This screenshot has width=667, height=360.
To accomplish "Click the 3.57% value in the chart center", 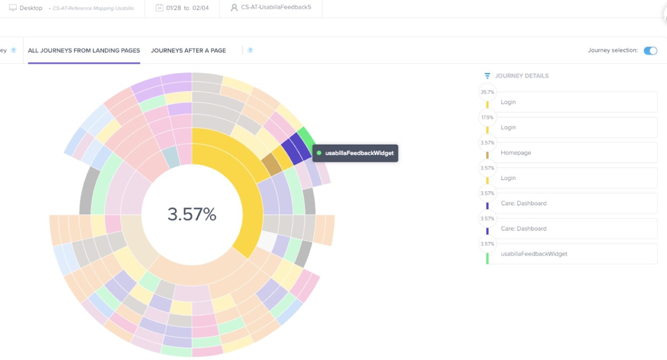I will pos(192,214).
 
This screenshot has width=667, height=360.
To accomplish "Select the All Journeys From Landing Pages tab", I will pos(84,50).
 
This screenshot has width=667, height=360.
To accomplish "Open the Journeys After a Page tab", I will pos(188,50).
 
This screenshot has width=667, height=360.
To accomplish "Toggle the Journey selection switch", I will pos(650,51).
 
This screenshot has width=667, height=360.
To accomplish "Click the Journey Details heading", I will pos(522,76).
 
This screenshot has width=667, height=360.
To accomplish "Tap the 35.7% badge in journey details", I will pos(487,92).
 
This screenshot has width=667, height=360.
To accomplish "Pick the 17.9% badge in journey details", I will pos(487,117).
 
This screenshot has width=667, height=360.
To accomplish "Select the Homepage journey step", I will pos(516,153).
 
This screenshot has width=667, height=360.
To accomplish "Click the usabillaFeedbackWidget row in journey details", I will pos(534,254).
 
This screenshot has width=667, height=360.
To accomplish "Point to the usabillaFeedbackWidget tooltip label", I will pos(359,153).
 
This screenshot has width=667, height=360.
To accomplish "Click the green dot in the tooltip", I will pos(319,153).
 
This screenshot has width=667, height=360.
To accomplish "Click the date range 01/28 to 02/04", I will pos(187,8).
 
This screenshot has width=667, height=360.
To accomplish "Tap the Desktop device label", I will pos(31,8).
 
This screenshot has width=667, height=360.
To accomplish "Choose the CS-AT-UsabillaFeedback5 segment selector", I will pos(276,7).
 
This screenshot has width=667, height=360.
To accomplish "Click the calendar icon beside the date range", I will pos(159,8).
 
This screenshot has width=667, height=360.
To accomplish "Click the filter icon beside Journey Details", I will pos(487,76).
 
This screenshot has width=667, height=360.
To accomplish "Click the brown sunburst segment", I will pos(272,164).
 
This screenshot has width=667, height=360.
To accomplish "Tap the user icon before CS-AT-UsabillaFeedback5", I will pos(234,8).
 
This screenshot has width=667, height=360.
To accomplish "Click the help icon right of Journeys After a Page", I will pos(250,50).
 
